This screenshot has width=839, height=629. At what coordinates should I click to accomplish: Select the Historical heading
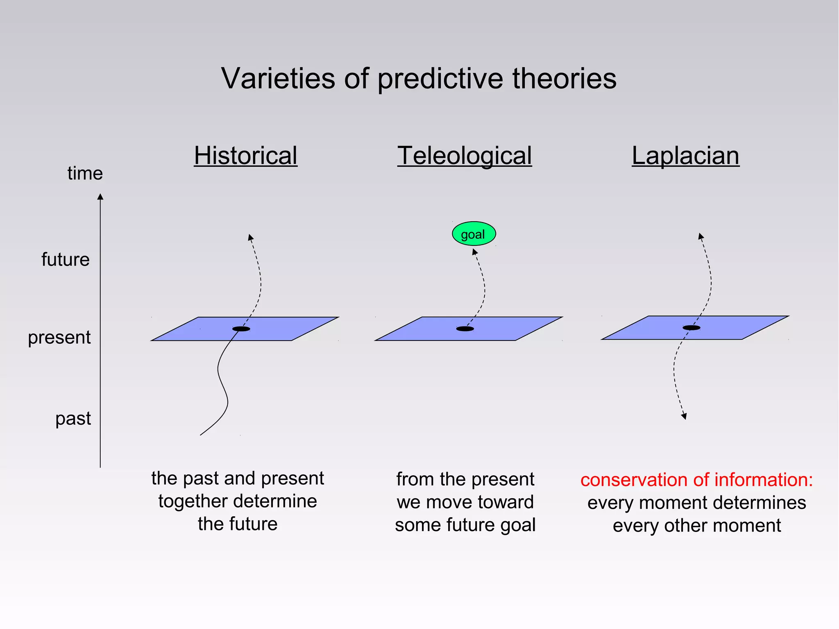[246, 156]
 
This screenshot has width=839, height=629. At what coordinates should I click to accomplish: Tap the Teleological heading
[465, 156]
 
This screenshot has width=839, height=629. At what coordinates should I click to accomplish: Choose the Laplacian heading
[685, 156]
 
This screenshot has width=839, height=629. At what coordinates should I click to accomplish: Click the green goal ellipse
[474, 234]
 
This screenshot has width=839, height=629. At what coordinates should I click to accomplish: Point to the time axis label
[85, 173]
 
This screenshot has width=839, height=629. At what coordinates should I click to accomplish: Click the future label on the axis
[66, 259]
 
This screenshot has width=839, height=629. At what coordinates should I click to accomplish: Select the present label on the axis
[59, 338]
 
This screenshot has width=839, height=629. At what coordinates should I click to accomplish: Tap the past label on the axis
[73, 418]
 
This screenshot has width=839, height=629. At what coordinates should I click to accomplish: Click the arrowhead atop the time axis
[100, 197]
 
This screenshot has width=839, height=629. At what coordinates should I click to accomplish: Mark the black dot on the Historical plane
[241, 329]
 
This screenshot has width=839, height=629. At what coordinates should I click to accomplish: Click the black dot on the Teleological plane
[465, 329]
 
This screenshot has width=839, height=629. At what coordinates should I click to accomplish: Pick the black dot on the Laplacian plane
[692, 327]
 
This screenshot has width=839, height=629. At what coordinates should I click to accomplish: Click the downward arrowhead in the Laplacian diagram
[684, 416]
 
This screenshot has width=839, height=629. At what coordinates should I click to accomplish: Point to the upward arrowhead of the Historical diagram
[251, 237]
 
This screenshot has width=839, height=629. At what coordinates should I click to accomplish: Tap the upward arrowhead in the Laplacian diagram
[701, 236]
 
